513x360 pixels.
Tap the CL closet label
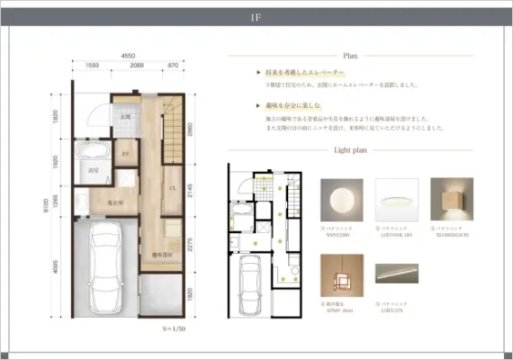click(x=172, y=187)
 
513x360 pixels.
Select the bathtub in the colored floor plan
click(x=91, y=149)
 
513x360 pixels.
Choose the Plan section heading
click(x=347, y=56)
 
